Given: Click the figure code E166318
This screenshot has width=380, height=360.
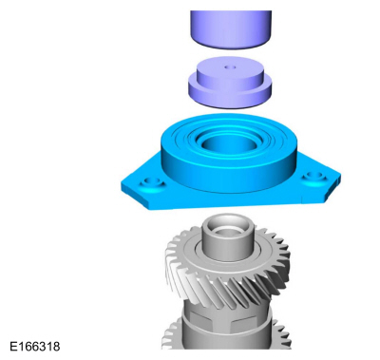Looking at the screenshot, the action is (35, 347).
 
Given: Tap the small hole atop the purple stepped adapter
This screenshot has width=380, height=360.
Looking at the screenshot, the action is (230, 67).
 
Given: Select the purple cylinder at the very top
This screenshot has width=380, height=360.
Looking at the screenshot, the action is (231, 29).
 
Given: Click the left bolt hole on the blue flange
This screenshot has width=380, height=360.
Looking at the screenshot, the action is (152, 182).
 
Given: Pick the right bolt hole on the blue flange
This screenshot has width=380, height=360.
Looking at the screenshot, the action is (314, 176).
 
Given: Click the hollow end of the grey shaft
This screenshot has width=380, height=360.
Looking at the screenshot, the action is (228, 229).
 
